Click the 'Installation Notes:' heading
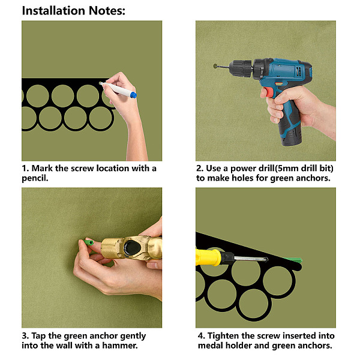coord(73,11)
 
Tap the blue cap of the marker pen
coord(133,95)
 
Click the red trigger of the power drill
coord(267,92)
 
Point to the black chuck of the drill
coord(241,67)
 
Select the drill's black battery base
coord(291,136)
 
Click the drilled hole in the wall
coord(215,66)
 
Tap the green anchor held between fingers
coord(89,242)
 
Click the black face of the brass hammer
coord(132,247)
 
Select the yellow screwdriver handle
coord(208,257)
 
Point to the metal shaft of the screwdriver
coord(251,259)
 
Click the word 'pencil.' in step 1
coord(35,178)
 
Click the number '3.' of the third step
coord(25,335)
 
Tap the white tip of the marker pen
coord(101,83)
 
